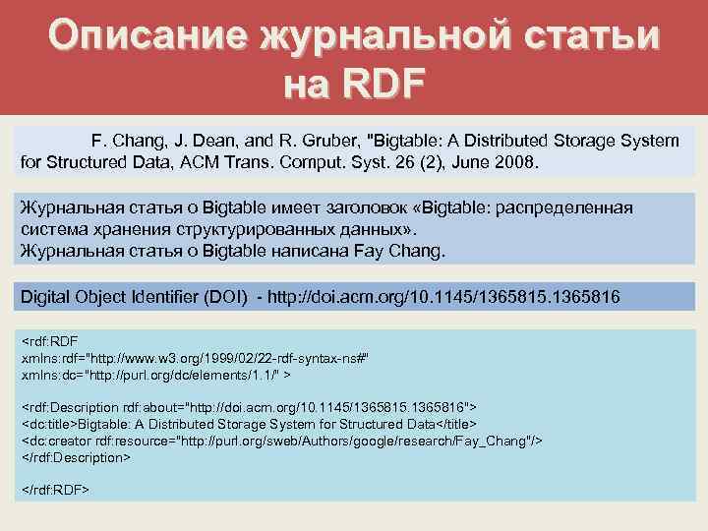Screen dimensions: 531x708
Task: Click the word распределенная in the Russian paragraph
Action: click(x=569, y=208)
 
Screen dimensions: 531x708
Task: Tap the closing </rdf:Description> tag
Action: click(x=76, y=457)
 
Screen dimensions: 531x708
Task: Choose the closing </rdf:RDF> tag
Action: click(x=56, y=489)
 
